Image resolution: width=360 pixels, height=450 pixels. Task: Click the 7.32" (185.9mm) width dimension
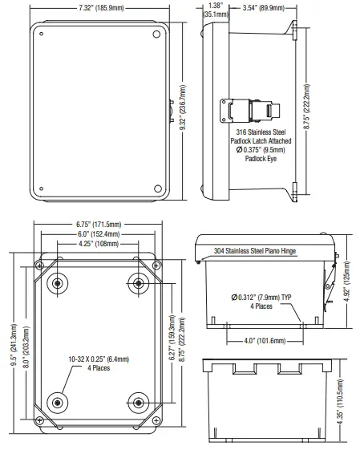(101, 8)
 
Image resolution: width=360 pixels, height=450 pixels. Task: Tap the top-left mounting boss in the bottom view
(58, 283)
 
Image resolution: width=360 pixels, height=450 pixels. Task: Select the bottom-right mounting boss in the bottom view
(138, 403)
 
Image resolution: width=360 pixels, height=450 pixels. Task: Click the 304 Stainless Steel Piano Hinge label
(256, 251)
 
